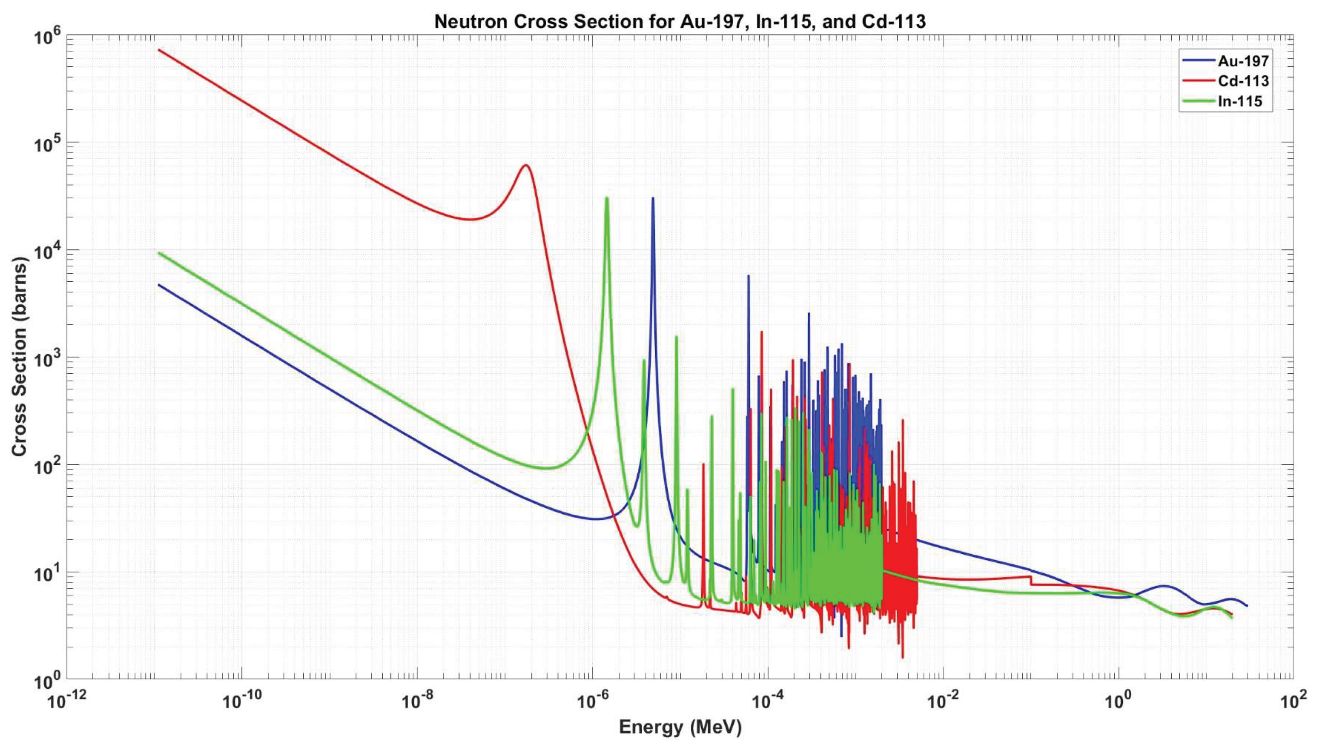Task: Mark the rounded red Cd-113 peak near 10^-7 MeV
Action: (525, 165)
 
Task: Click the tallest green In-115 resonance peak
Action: (607, 199)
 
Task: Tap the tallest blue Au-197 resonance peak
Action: (653, 199)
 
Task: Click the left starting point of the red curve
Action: (159, 50)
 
